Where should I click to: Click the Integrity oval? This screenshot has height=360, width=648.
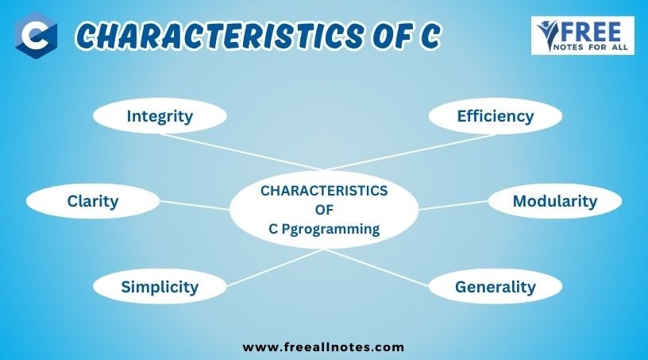click(160, 116)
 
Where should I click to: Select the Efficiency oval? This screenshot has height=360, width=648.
click(495, 116)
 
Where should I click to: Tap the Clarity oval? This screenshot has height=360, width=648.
click(93, 201)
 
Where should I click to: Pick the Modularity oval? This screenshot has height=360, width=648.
click(554, 201)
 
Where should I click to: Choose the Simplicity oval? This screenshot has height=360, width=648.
click(160, 286)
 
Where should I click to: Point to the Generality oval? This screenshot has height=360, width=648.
click(495, 286)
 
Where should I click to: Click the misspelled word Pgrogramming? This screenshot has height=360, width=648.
click(330, 229)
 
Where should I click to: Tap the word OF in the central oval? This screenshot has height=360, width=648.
click(324, 210)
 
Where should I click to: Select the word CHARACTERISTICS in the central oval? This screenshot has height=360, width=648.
click(324, 191)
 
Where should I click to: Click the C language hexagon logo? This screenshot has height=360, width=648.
click(36, 36)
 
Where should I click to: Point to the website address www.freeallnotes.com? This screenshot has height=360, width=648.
click(323, 346)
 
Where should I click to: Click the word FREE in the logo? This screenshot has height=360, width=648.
click(592, 32)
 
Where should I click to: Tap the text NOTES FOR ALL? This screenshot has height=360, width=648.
click(591, 48)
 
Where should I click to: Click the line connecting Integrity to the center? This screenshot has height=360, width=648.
click(241, 152)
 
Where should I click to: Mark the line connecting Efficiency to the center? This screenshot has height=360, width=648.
click(410, 153)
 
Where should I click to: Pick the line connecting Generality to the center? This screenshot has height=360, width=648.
click(376, 268)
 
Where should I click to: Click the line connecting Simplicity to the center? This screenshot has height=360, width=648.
click(276, 268)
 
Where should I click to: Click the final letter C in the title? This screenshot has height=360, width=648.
click(430, 36)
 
